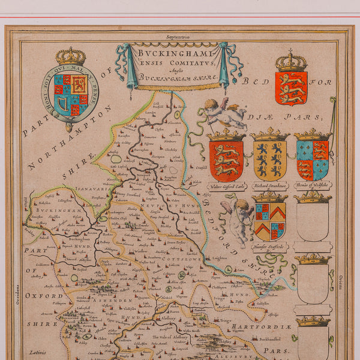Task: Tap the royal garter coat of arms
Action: coord(70,93)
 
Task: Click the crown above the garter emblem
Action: coord(71,56)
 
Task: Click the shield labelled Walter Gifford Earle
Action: coord(226,160)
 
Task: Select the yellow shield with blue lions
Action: coord(269,160)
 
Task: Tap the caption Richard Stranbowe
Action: coord(269,186)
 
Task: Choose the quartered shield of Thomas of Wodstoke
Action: coord(312,160)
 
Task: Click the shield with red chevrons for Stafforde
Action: coord(269,220)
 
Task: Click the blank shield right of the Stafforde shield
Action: coord(312,222)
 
